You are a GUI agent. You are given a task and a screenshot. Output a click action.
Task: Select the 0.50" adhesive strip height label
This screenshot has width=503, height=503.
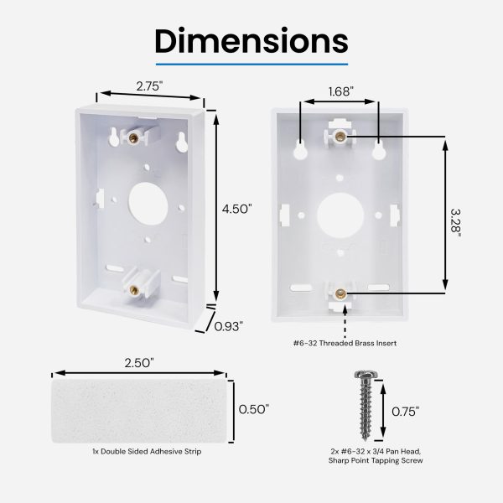(254, 409)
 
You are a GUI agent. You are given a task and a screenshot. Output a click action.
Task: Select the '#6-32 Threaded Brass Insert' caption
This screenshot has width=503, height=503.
(345, 343)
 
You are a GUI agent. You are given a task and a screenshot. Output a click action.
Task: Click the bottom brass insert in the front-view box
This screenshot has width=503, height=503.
(340, 293)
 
